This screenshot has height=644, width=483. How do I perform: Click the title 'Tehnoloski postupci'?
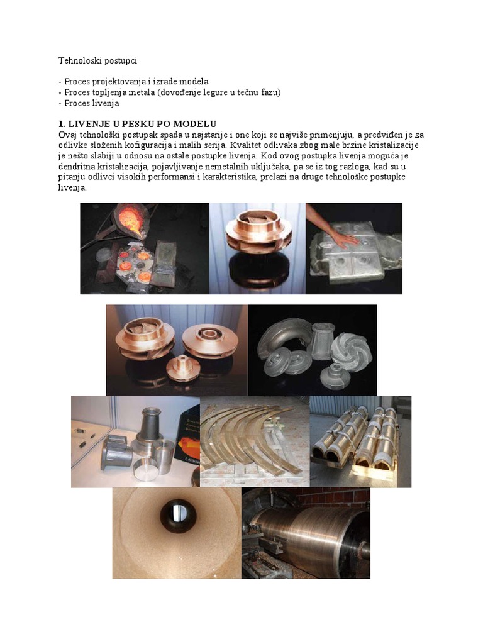coord(97,61)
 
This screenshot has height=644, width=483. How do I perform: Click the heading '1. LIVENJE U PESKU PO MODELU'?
coord(138,124)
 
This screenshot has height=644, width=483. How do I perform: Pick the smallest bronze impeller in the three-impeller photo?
coord(182,367)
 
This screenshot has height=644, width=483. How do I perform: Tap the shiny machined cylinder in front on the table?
coord(145,472)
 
